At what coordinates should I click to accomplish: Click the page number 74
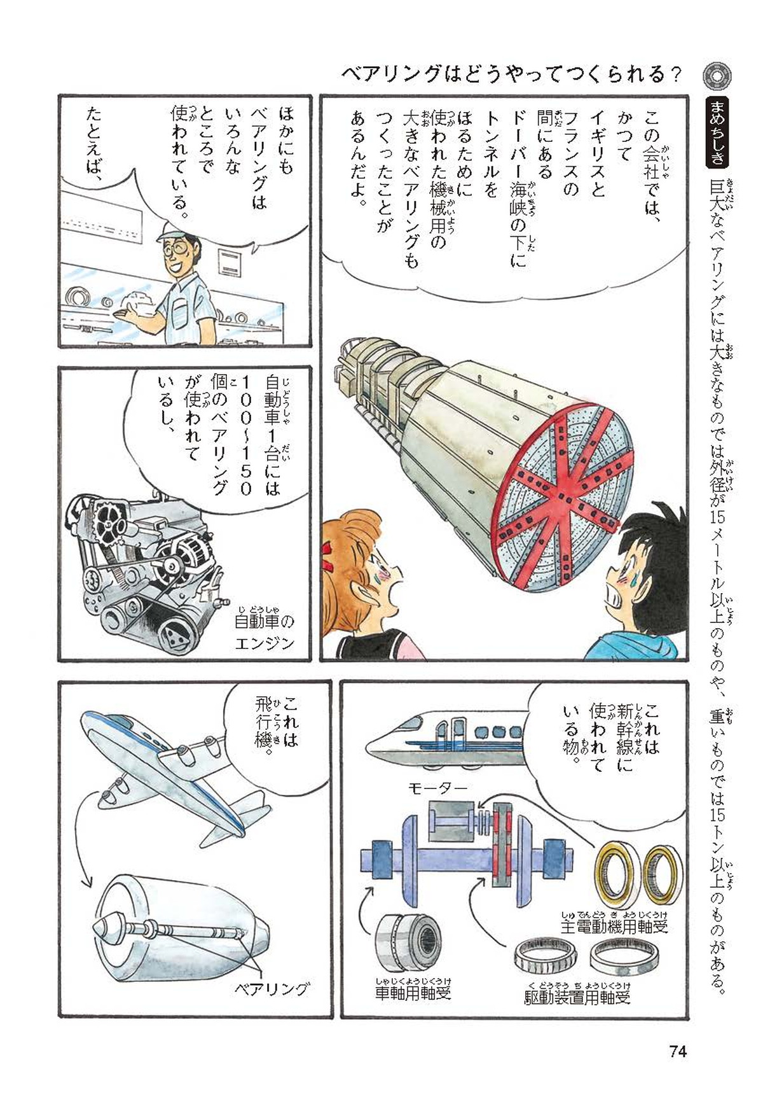(678, 1051)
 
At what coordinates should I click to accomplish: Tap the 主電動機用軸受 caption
(614, 926)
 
